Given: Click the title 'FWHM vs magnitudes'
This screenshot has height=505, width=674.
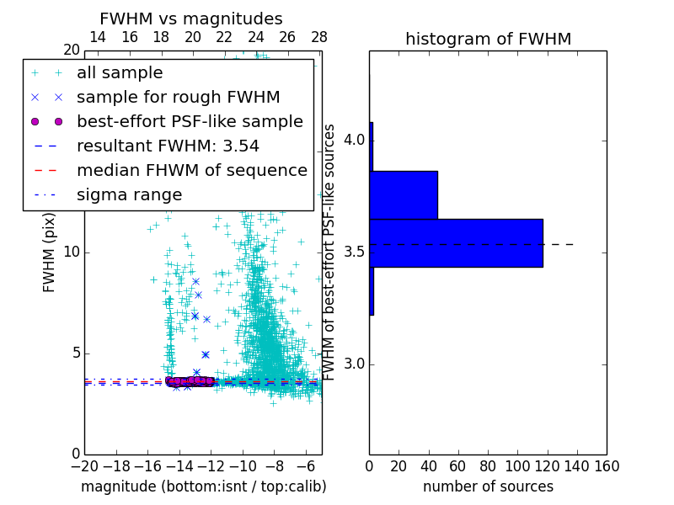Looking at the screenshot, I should (191, 19).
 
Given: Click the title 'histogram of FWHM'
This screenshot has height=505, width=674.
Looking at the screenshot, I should (488, 39).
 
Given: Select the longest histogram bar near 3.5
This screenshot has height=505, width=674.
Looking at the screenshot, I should (456, 243).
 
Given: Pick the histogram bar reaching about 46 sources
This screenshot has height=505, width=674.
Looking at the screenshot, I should (404, 194).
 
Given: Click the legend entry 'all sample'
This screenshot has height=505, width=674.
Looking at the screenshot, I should (120, 73).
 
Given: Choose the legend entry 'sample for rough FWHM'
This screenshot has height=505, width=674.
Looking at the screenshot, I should (179, 98).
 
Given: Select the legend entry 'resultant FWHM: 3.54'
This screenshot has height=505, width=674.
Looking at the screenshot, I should (168, 146).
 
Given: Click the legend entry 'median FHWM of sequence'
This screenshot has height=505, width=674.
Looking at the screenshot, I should (192, 171).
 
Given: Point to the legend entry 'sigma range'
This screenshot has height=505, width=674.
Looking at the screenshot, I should (129, 195).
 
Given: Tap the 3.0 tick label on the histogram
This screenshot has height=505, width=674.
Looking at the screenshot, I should (354, 364).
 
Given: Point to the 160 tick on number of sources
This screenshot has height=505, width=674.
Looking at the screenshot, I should (607, 465).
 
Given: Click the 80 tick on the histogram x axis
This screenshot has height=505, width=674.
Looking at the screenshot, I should (488, 465).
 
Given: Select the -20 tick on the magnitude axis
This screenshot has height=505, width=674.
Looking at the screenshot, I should (84, 465).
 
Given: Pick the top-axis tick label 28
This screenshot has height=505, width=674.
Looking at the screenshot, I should (318, 37).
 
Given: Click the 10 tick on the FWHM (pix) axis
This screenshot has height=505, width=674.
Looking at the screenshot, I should (71, 252).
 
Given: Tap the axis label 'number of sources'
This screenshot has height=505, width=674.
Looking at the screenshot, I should (488, 486).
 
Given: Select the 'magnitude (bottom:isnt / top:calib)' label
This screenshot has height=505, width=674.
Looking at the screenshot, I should (203, 486).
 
